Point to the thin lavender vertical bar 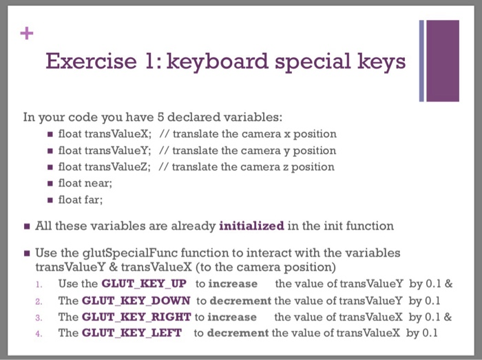click(421, 61)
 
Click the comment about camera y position click(247, 150)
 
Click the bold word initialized click(251, 225)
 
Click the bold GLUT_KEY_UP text click(144, 284)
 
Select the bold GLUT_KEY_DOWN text click(136, 300)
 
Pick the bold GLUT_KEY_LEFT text click(132, 333)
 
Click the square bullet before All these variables click(25, 226)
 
